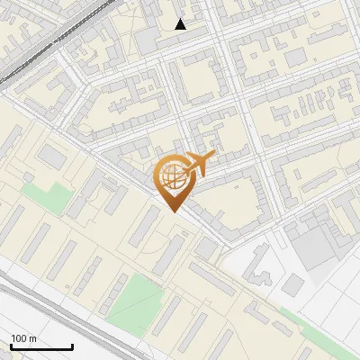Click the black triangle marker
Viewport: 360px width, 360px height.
tap(181, 24)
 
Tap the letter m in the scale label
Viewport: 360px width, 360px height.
tap(33, 338)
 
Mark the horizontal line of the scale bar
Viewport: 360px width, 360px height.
tap(41, 347)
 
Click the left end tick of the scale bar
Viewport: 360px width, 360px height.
tap(12, 346)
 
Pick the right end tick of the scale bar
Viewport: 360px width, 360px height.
tap(72, 346)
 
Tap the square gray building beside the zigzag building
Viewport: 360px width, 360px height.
tap(294, 285)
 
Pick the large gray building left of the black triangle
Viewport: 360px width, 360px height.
tap(148, 40)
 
